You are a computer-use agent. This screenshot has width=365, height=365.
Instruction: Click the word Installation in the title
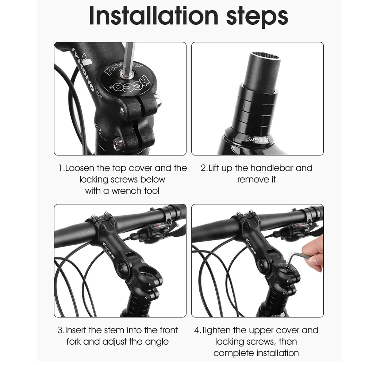click(154, 16)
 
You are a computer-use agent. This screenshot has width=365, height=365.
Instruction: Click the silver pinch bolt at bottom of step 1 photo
click(117, 144)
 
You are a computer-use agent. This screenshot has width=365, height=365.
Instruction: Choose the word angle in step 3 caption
click(157, 342)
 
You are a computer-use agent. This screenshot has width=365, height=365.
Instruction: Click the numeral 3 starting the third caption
click(61, 330)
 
